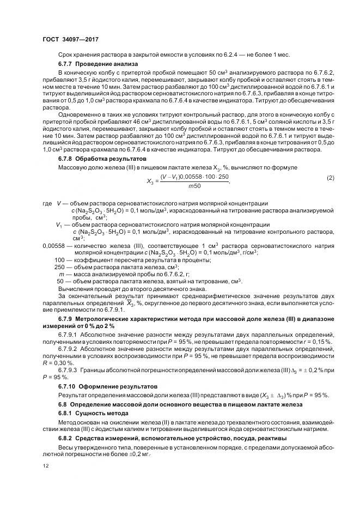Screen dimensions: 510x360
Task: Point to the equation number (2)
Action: tap(330, 179)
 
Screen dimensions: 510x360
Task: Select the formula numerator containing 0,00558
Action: tap(194, 177)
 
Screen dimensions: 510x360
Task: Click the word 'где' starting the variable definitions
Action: tap(47, 203)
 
